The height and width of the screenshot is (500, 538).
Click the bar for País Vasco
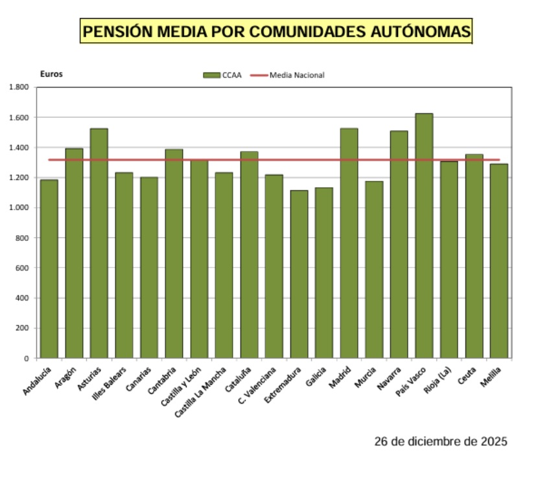(424, 236)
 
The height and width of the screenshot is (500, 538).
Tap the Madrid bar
(349, 243)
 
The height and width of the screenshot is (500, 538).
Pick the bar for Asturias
(99, 243)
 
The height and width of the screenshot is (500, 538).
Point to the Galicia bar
(324, 273)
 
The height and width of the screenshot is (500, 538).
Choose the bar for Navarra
(399, 244)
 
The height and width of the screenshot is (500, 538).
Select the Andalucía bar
(49, 269)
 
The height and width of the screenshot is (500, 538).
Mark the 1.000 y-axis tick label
(18, 208)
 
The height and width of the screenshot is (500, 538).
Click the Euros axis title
(51, 74)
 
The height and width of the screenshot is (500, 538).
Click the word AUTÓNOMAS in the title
(411, 31)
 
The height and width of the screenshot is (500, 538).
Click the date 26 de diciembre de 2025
(441, 442)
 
